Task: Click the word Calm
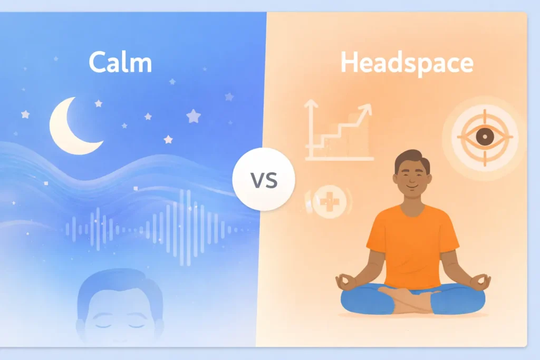(x=120, y=62)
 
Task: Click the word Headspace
(x=407, y=63)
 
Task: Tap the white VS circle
(x=264, y=180)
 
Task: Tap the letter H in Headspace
(x=350, y=62)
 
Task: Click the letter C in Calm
(x=98, y=62)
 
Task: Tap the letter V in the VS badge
(x=257, y=180)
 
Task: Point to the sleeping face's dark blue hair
(x=119, y=282)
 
